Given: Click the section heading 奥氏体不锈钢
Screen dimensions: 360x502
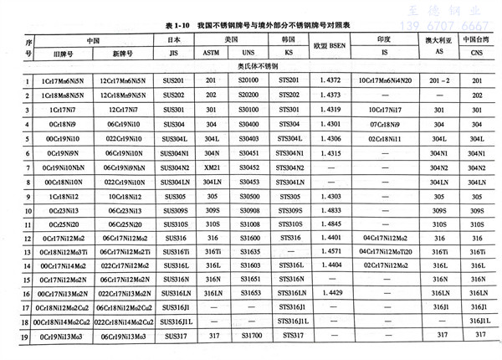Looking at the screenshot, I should (x=251, y=66).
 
